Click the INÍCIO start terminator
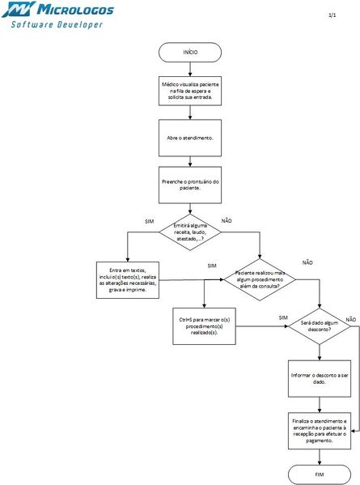point(190,51)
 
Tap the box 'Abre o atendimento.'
point(190,138)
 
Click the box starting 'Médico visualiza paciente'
point(190,92)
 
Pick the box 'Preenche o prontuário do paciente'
point(190,185)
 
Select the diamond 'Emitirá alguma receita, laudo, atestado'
point(190,235)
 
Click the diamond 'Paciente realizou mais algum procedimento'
point(259,279)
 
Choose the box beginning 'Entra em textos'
point(127,280)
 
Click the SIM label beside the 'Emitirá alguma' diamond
point(149,221)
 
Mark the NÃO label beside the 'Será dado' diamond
point(350,320)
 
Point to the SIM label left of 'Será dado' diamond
point(282,318)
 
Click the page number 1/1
point(332,16)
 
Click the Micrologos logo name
point(73,11)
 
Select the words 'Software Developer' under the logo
point(57,25)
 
